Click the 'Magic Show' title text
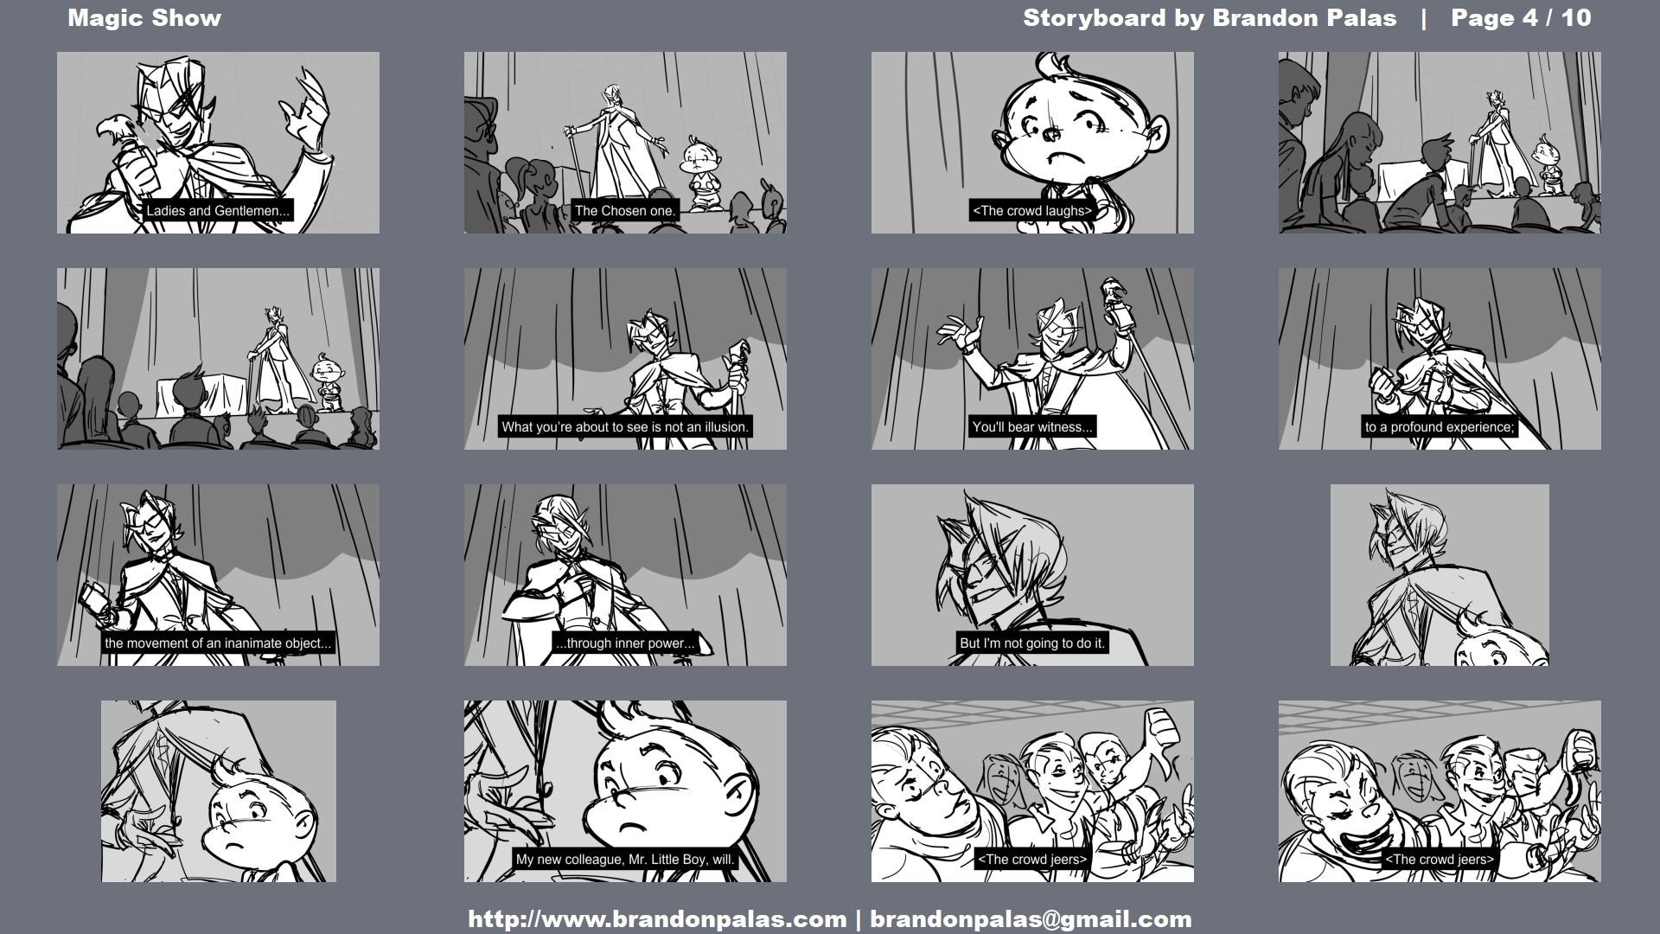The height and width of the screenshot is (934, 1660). (x=144, y=18)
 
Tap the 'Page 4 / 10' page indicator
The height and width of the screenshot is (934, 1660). (x=1521, y=18)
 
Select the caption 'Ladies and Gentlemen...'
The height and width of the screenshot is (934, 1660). (x=218, y=211)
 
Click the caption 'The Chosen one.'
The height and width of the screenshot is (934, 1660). (x=625, y=211)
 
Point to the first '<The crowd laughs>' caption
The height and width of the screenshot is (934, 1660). (x=1032, y=211)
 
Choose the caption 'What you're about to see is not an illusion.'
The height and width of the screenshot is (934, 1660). (x=625, y=427)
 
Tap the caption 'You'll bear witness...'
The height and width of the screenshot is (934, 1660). (x=1032, y=427)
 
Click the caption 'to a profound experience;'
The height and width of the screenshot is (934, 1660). (x=1440, y=427)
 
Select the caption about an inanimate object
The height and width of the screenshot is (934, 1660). (x=218, y=643)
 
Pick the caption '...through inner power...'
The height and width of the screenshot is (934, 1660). (x=625, y=643)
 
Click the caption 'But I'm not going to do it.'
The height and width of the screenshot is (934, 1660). (x=1032, y=643)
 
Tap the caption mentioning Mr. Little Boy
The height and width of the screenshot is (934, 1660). (x=625, y=860)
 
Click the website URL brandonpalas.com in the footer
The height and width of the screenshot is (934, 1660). (x=657, y=919)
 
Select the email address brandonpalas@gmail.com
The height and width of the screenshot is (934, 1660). (x=1031, y=919)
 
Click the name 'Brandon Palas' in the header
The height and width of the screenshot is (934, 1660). (x=1304, y=18)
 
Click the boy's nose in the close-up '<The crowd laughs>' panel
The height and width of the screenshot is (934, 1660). (x=1050, y=134)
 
